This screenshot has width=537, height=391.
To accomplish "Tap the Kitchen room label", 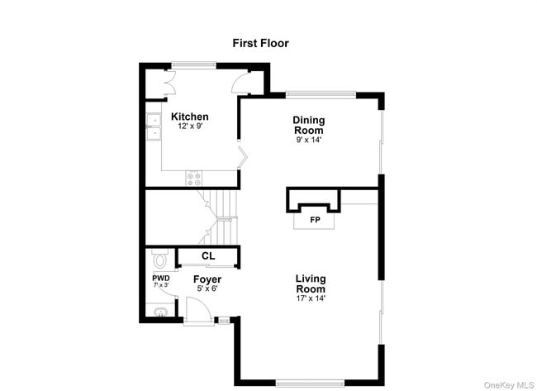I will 190,117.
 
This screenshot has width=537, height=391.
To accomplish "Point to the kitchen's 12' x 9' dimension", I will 190,126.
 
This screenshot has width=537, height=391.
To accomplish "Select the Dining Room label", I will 309,125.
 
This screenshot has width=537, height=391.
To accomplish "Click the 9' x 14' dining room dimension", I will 309,140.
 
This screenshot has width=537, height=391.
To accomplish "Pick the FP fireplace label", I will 315,221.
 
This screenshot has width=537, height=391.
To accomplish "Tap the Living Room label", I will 311,284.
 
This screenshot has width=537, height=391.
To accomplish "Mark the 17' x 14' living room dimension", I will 311,298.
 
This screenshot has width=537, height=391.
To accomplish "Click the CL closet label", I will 208,256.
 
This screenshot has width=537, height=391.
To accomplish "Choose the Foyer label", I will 207,279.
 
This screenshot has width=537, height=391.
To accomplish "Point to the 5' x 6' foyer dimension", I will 207,288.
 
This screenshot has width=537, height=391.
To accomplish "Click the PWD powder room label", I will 160,278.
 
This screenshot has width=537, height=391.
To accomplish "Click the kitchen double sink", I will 153,126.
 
